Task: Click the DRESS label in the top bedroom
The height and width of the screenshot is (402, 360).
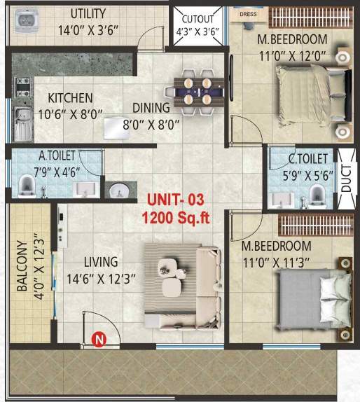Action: tap(247, 13)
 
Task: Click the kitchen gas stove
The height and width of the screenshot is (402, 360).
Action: tap(22, 86)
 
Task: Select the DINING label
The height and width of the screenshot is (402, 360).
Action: tap(151, 108)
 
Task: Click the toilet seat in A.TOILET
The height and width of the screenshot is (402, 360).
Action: tap(27, 183)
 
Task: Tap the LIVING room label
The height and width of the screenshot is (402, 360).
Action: tap(100, 262)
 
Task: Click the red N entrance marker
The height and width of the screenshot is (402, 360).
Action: tap(99, 341)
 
